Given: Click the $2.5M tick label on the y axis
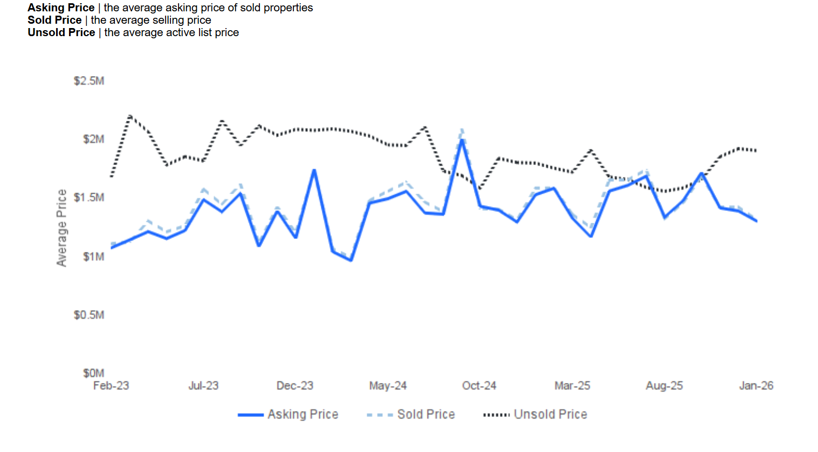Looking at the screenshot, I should click(89, 81).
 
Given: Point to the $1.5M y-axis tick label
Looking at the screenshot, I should click(89, 197).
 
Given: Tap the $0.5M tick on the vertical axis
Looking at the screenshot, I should click(89, 314).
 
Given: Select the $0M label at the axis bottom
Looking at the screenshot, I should click(93, 373).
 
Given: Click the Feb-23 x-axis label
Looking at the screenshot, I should click(111, 386).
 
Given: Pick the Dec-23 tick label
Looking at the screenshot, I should click(295, 386).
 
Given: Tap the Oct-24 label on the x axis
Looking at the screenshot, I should click(479, 386).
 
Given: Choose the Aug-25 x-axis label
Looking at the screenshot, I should click(664, 386).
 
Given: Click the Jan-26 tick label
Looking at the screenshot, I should click(756, 386).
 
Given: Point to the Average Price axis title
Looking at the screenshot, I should click(62, 228).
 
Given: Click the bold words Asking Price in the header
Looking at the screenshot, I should click(61, 8).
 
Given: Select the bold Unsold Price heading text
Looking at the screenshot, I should click(61, 32).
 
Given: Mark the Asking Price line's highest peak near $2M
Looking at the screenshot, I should click(462, 140).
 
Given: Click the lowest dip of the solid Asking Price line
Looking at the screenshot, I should click(351, 260).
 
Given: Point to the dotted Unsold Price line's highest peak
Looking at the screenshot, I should click(130, 116).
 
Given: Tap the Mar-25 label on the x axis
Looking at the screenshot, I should click(572, 386).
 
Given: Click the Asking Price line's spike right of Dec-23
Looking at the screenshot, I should click(314, 170).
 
